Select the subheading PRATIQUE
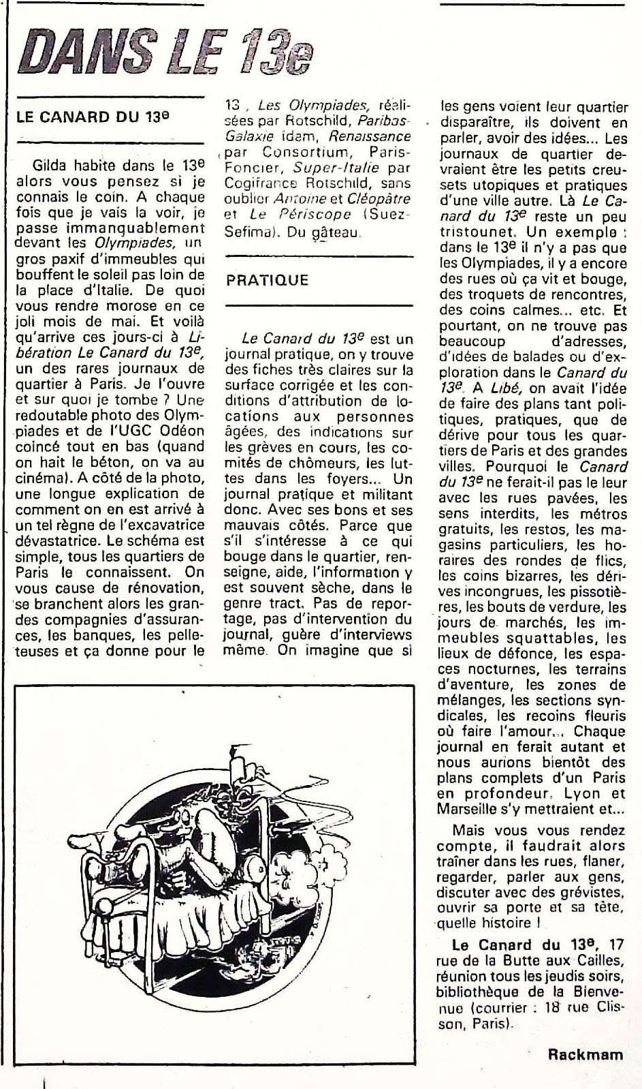pos(267,280)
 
